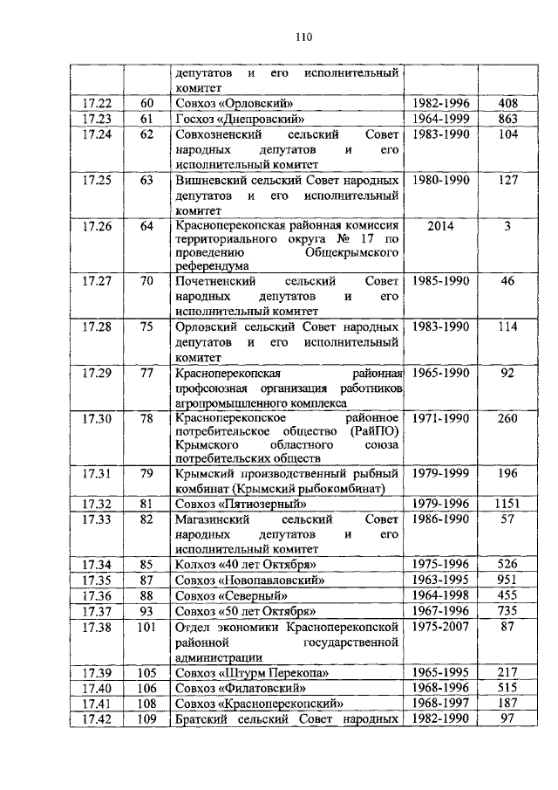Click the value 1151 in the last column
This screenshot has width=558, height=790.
(506, 505)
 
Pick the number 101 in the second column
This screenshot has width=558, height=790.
(146, 626)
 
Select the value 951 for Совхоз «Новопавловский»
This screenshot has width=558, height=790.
(506, 580)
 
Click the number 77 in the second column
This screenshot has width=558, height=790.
(146, 373)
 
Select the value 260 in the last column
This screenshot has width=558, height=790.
(506, 419)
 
